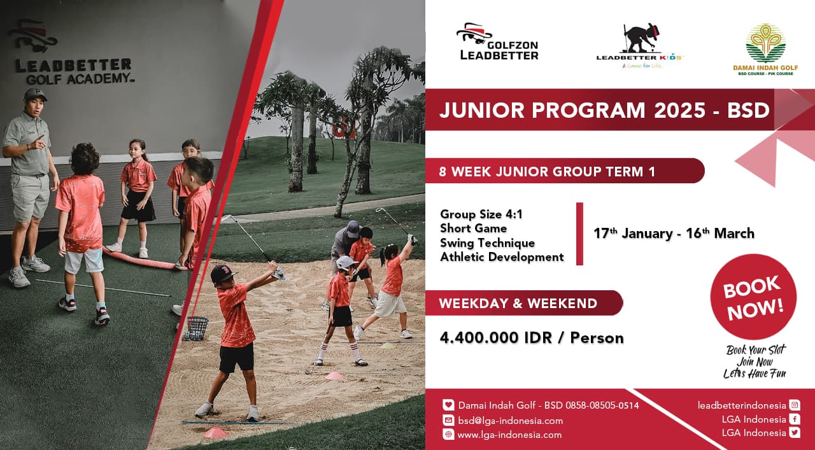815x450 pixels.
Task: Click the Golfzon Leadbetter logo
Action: point(497,41)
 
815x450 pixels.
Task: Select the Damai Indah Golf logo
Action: point(765,50)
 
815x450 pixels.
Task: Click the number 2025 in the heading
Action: point(679,110)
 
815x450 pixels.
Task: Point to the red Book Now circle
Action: point(753,297)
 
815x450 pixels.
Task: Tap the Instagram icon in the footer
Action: point(795,405)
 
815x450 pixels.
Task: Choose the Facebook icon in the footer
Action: point(795,419)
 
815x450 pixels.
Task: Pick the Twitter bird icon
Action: point(795,433)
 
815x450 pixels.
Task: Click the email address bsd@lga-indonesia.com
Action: point(511,421)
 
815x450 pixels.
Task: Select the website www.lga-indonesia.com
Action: point(509,435)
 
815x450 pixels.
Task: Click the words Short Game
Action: point(473,229)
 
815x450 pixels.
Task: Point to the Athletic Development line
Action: point(502,257)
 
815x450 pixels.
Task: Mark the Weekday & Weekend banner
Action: point(524,303)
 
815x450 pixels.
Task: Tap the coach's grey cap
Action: point(35,94)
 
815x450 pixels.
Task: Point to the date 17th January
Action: point(633,233)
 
